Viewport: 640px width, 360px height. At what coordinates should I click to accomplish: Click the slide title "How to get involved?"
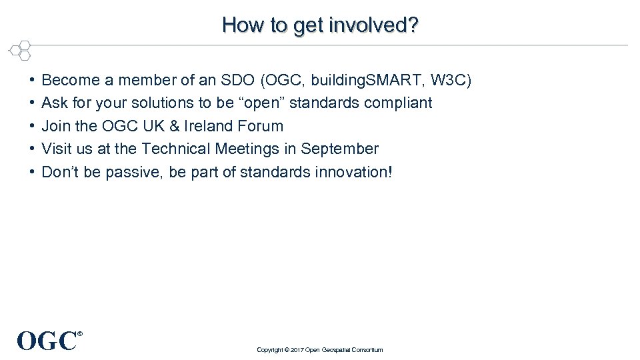coord(320,25)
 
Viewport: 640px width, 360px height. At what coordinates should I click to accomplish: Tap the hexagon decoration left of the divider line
coord(20,50)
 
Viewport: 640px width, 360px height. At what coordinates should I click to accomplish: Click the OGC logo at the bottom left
coord(48,340)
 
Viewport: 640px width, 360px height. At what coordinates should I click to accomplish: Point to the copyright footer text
coord(320,350)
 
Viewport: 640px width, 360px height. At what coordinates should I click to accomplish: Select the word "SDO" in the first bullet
coord(236,81)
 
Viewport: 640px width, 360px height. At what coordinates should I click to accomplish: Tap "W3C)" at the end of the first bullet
coord(451,81)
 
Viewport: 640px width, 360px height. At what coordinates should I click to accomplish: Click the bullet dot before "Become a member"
coord(32,81)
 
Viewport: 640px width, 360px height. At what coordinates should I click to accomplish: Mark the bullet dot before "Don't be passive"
coord(32,173)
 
